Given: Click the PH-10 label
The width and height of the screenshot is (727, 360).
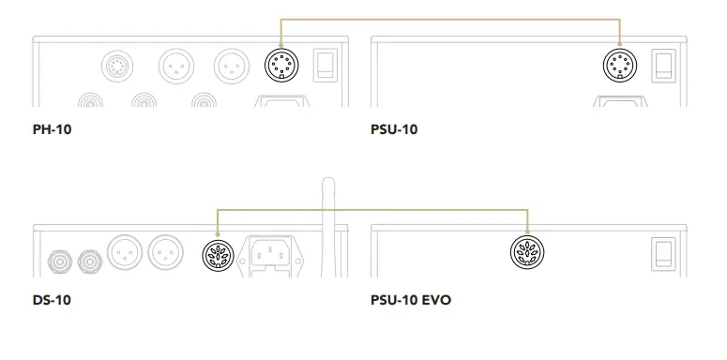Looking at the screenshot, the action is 52,129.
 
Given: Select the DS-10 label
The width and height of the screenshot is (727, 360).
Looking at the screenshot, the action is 52,301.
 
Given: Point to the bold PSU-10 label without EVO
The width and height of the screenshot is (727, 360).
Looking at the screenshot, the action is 394,129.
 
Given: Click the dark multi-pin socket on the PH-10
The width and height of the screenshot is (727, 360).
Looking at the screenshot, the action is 280,66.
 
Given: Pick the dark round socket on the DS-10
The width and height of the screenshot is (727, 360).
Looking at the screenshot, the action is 218,253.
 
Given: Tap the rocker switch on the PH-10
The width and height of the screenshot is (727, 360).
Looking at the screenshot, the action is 325,64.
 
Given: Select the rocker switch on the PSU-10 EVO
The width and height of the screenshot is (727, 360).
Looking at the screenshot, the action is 663,252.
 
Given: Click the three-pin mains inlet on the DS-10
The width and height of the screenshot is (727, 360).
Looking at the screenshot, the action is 271,253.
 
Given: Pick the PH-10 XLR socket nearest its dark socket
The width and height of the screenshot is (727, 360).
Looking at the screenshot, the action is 231,67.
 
